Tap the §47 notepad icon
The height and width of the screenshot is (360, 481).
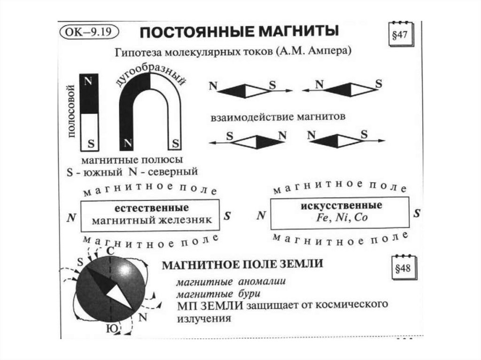coord(399,36)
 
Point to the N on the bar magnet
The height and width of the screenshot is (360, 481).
coord(88,81)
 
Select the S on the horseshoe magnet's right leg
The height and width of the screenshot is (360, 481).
coord(175,142)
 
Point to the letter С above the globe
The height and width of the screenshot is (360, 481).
coord(110,251)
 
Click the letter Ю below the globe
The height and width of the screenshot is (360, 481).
coord(113,328)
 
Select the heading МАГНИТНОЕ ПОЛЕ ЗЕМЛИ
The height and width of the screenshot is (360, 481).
coord(242,264)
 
